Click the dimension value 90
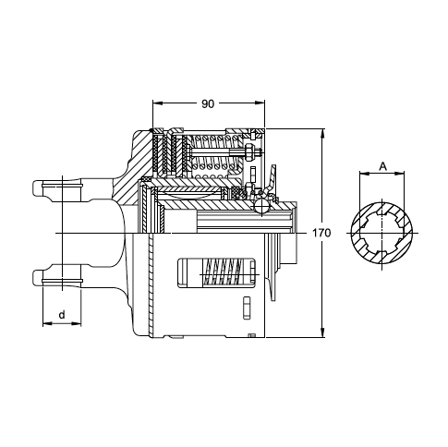click(208, 104)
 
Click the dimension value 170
click(321, 233)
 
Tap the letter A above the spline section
click(382, 166)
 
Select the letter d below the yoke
click(62, 315)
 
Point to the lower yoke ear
click(58, 275)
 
